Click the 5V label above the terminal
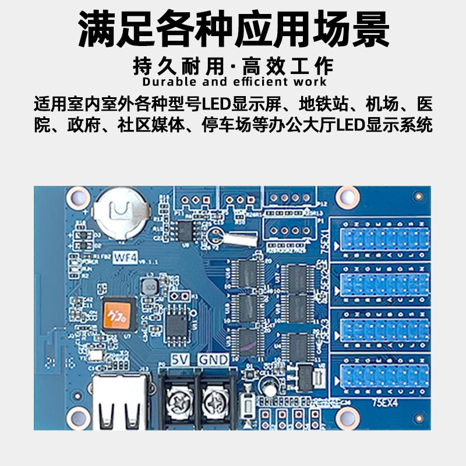click(x=179, y=360)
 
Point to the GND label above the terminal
click(x=213, y=360)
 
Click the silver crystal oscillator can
click(x=239, y=238)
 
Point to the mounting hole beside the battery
click(x=76, y=199)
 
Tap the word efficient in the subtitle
click(x=252, y=82)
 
